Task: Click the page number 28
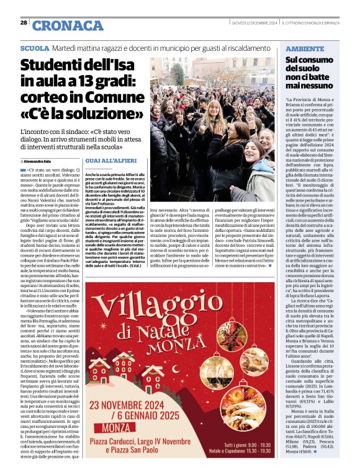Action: tap(24, 22)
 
